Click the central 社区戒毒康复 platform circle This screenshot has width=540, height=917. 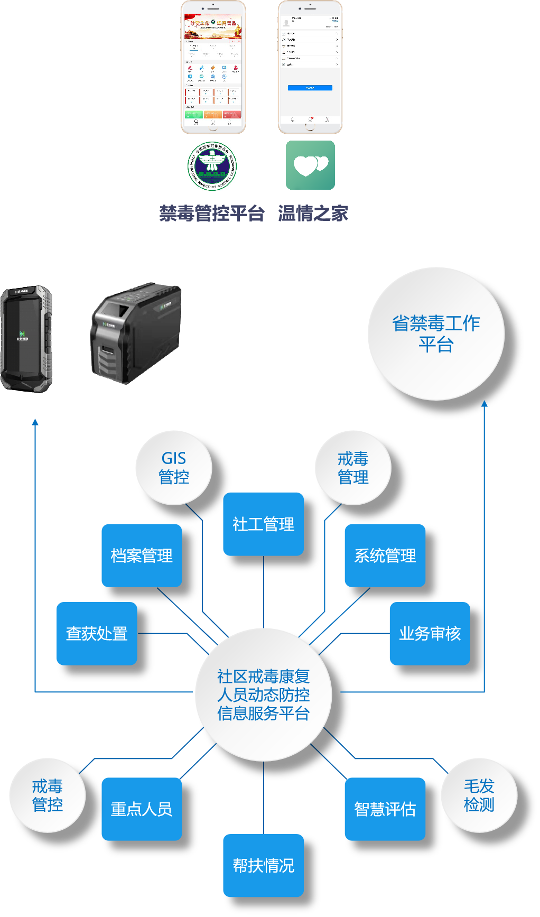point(263,694)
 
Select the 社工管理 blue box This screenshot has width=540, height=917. point(263,524)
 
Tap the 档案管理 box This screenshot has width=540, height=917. point(142,555)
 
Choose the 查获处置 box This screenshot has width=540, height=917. point(97,633)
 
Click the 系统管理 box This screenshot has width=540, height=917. point(385,555)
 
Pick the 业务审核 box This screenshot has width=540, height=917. point(430,633)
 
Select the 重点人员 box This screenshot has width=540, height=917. point(142,809)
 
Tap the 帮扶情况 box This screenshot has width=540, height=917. point(263,865)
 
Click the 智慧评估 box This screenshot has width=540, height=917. point(385,809)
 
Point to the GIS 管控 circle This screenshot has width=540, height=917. point(174,468)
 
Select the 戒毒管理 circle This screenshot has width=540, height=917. point(353,468)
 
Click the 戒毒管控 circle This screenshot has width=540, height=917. point(48,795)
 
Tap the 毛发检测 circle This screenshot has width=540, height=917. point(479,795)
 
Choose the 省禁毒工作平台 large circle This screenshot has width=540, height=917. point(436,334)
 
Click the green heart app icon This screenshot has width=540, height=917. point(310,165)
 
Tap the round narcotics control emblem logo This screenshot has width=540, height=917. point(212,165)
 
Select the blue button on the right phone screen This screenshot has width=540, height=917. point(310,88)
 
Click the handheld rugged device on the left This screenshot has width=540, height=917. point(26,338)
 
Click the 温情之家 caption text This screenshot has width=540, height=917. point(313,214)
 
